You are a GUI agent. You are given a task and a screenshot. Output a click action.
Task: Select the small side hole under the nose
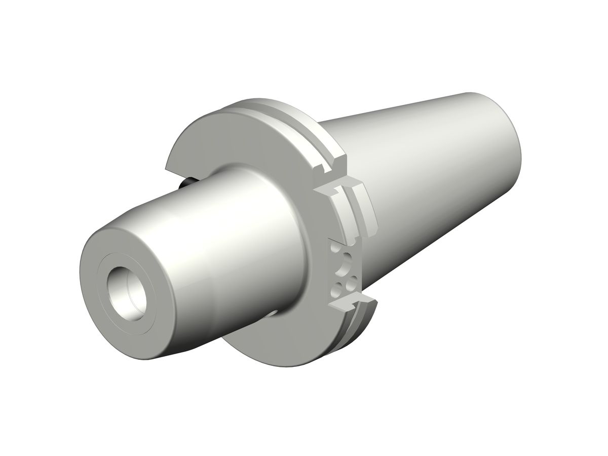[x=274, y=313]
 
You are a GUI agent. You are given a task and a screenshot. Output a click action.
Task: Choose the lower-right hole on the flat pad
[x=350, y=284]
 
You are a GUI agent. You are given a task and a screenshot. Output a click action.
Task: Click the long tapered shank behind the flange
[x=431, y=167]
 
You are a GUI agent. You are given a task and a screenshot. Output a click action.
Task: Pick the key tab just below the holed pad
[x=350, y=302]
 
